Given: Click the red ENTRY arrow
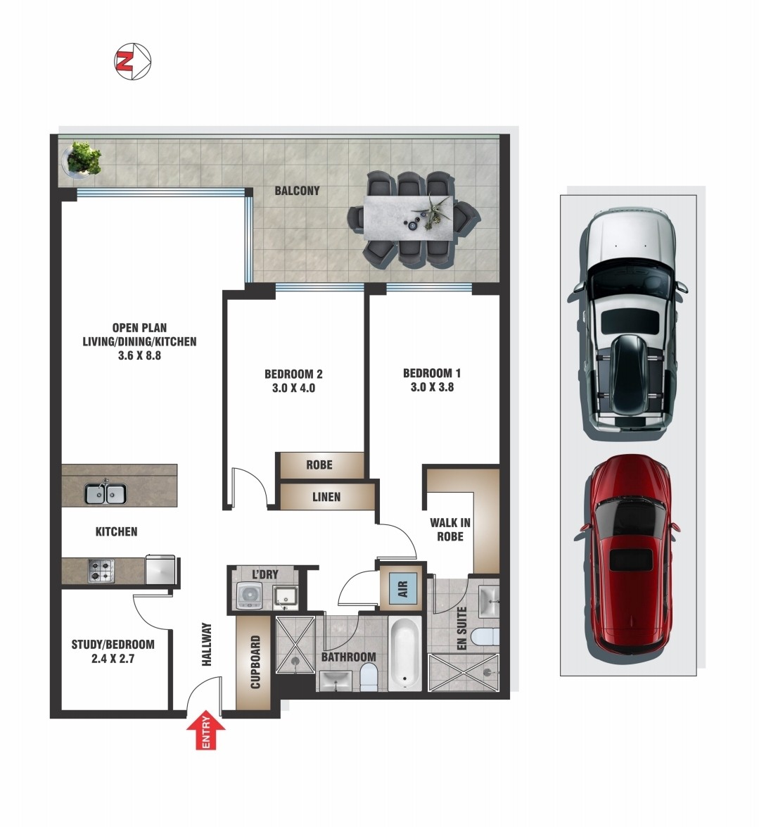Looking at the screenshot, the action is [x=206, y=730].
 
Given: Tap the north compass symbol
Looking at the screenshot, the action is [x=133, y=62].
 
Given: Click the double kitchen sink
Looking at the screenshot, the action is [x=106, y=493].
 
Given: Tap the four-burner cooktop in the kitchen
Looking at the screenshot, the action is [x=101, y=571].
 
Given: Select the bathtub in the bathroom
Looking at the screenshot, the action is [x=404, y=653].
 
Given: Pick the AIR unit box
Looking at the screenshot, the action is [x=402, y=588].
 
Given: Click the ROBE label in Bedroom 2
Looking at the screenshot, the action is [x=319, y=465].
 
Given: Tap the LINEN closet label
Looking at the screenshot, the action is [x=326, y=497].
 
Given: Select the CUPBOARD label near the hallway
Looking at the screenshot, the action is [x=255, y=662].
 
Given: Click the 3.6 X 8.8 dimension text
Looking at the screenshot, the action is [x=139, y=355].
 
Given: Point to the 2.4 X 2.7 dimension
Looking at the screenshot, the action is [x=113, y=658].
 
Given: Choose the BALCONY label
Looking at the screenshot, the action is [x=298, y=191].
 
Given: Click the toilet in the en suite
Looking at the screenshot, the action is [x=485, y=637].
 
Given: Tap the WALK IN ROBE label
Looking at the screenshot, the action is [x=450, y=529].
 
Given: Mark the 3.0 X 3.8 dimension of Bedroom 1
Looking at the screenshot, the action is [x=432, y=387].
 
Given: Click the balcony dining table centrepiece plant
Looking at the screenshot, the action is [x=436, y=211].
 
